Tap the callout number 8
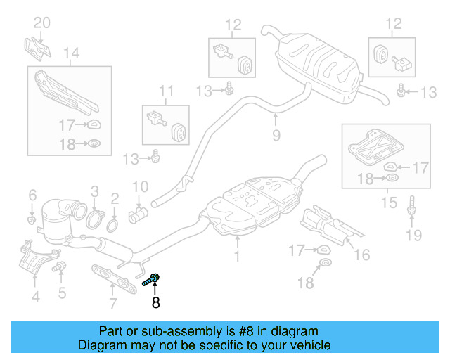pyautogui.click(x=155, y=303)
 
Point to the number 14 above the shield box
pyautogui.click(x=71, y=52)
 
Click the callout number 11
pyautogui.click(x=165, y=91)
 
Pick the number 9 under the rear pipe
pyautogui.click(x=276, y=134)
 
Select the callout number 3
pyautogui.click(x=94, y=190)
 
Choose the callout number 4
pyautogui.click(x=35, y=297)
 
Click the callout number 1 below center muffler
pyautogui.click(x=237, y=257)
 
